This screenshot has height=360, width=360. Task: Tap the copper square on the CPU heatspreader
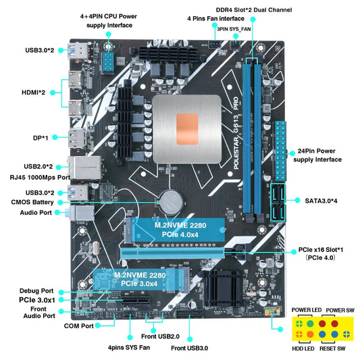pos(192,127)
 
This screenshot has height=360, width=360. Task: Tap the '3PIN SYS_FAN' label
pos(233,29)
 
